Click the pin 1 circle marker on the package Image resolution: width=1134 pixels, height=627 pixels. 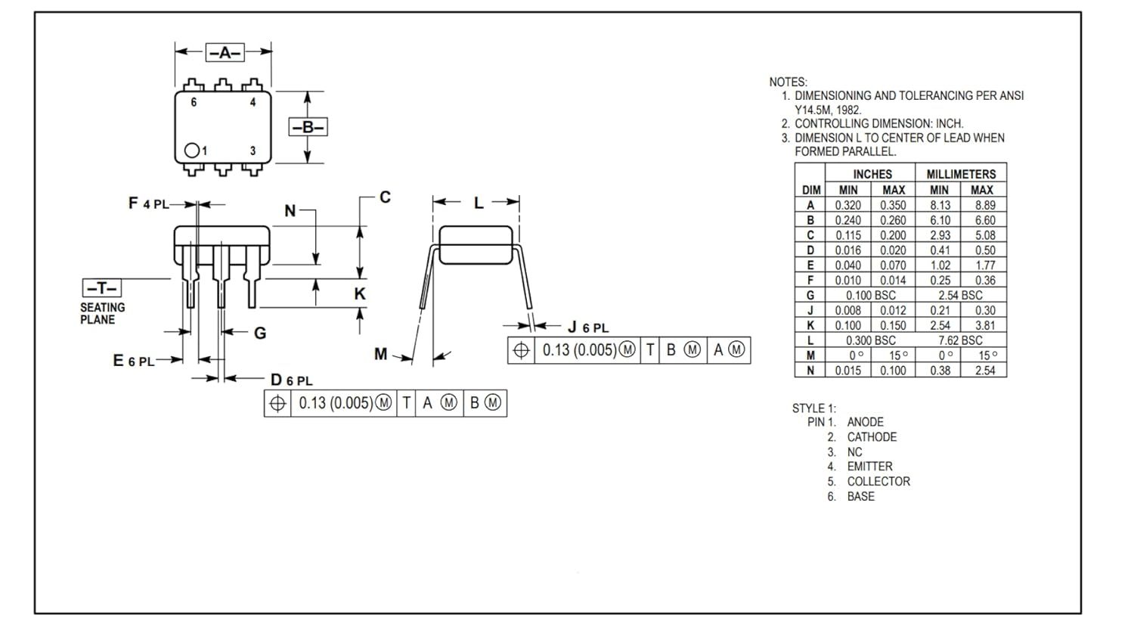(191, 151)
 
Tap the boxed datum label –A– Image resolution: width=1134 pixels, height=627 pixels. (225, 52)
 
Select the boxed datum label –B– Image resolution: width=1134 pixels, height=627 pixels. (308, 126)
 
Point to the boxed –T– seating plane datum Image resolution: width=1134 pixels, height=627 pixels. (102, 288)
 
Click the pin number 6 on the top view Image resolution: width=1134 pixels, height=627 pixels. (194, 102)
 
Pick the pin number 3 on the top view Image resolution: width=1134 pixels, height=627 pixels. (253, 151)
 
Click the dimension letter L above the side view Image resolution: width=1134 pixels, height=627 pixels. (479, 203)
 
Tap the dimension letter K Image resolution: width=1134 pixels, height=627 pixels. (359, 293)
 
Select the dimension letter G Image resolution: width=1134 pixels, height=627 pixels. (260, 333)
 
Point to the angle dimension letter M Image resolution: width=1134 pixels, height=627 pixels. (381, 353)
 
